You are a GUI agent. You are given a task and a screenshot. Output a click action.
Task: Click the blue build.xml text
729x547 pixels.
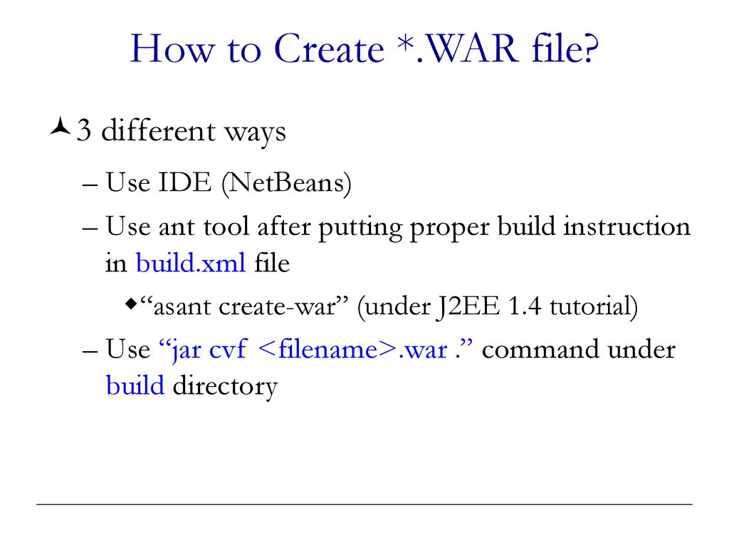191,264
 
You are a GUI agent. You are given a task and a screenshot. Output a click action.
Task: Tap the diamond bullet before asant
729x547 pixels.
131,306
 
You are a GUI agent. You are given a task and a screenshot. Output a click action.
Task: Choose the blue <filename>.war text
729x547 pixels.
353,350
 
